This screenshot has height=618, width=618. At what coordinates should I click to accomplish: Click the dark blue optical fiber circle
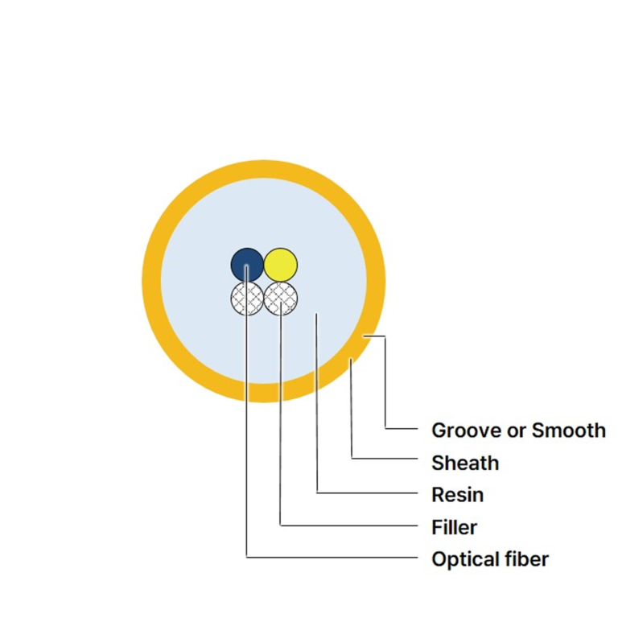click(x=247, y=265)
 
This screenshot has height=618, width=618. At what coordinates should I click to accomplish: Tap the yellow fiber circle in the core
click(x=281, y=265)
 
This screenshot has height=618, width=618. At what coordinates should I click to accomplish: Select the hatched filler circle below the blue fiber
click(x=247, y=299)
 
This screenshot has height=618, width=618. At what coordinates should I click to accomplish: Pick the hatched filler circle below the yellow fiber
click(x=281, y=299)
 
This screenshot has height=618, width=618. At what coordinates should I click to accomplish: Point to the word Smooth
click(x=568, y=430)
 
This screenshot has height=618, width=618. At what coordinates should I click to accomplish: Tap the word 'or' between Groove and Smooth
click(x=517, y=431)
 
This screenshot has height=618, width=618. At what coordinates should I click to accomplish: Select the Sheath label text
click(x=465, y=463)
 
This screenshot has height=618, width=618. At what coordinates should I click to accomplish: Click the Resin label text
click(x=458, y=495)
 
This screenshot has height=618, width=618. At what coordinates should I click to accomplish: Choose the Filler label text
click(x=455, y=527)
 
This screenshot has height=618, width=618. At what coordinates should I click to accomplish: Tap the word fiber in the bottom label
click(x=521, y=559)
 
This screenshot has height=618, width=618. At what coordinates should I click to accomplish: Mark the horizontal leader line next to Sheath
click(x=385, y=459)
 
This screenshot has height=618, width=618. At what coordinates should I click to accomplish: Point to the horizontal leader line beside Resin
click(x=367, y=492)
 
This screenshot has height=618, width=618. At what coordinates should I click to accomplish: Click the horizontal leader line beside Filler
click(x=348, y=525)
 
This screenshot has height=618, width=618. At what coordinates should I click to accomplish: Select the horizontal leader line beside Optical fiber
click(x=332, y=558)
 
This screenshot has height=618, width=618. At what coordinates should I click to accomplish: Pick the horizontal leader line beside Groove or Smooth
click(x=402, y=428)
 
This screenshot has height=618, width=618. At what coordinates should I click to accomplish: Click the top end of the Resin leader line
click(x=316, y=313)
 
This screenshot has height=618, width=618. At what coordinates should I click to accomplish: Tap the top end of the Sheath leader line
click(x=351, y=359)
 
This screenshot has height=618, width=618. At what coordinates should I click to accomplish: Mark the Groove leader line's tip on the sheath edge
click(x=364, y=336)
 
